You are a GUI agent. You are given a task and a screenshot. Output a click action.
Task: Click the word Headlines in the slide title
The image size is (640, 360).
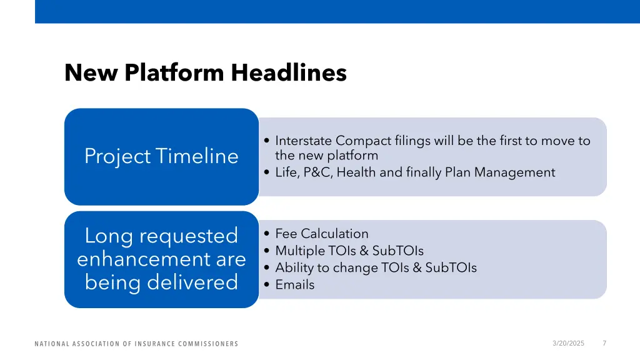click(288, 73)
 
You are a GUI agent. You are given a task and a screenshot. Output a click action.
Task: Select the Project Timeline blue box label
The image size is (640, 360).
click(161, 156)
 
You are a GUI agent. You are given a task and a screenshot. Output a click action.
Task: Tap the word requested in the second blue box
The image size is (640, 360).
click(189, 236)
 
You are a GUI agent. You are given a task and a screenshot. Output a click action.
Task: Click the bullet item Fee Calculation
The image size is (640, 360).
click(322, 234)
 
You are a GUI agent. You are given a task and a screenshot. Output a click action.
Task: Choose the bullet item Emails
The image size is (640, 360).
click(294, 285)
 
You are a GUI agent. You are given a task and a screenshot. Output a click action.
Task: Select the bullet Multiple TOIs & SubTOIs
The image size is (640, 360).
click(349, 251)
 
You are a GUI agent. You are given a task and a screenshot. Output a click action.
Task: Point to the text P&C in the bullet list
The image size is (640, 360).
click(318, 172)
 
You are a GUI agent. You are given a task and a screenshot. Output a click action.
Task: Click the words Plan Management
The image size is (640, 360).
click(500, 172)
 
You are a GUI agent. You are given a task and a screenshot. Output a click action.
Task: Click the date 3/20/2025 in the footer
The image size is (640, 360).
click(569, 343)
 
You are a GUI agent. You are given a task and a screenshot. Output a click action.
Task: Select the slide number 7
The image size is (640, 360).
click(604, 343)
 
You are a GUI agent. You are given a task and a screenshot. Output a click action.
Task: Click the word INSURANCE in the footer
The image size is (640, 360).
click(156, 344)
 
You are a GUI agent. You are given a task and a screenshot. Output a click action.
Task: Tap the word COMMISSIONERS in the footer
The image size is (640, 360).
click(207, 344)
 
